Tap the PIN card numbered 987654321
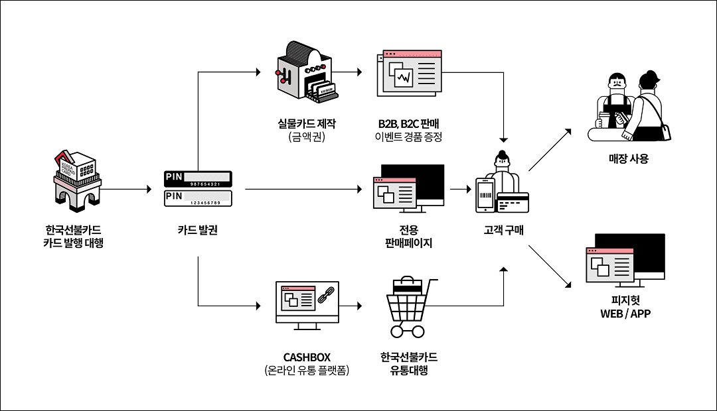tap(199, 178)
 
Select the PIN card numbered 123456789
tap(199, 197)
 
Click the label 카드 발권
tap(198, 231)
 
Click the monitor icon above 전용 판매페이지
tap(409, 189)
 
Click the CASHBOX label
tap(307, 357)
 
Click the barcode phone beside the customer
tap(485, 196)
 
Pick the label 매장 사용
tap(628, 158)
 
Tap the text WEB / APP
tap(625, 314)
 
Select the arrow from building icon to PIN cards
tap(126, 190)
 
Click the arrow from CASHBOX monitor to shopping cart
tap(352, 306)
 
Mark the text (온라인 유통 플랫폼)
tap(307, 371)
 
